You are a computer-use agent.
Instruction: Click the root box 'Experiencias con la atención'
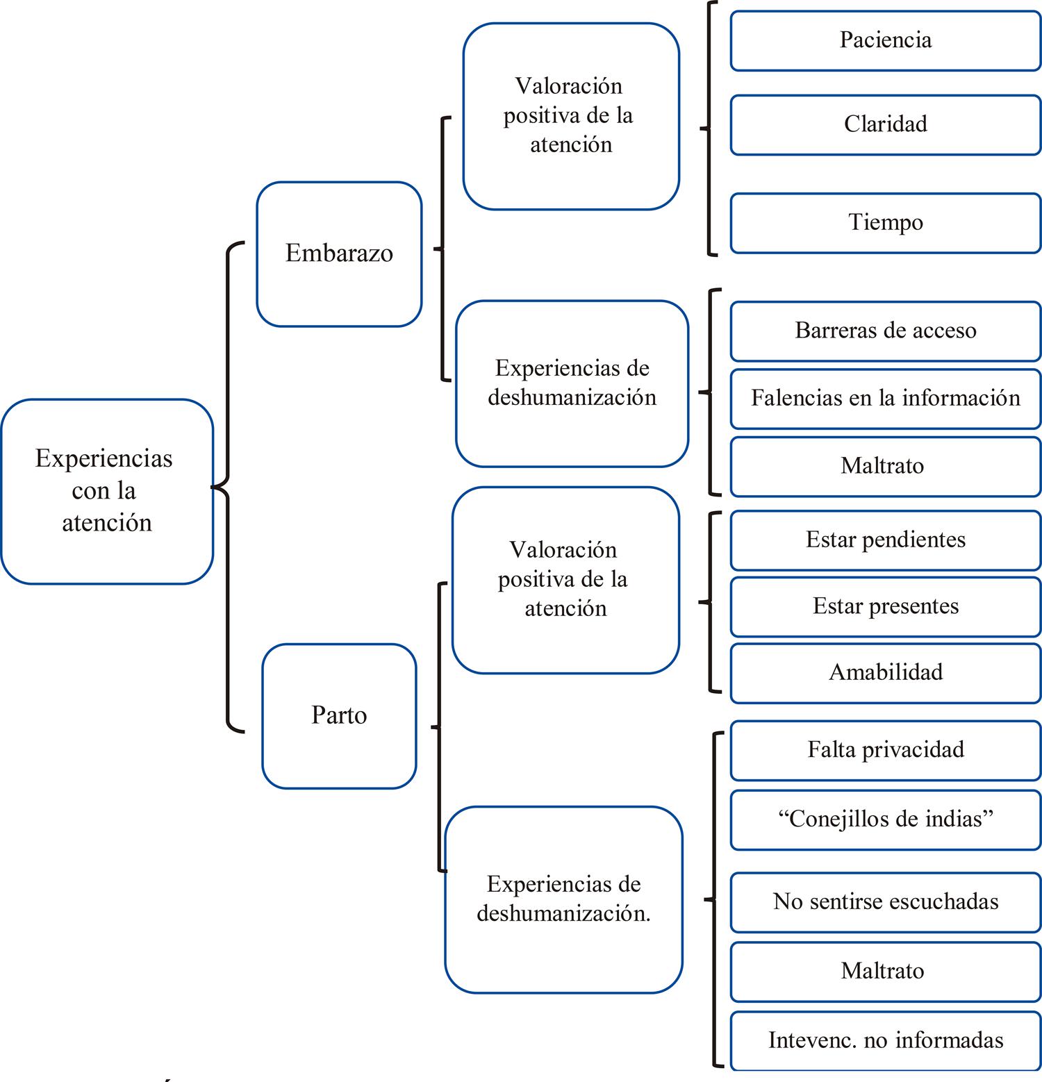106,491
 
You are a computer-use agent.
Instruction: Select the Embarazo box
339,253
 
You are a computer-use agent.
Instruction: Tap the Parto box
339,715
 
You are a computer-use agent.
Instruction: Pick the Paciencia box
885,40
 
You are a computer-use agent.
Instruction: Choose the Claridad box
885,124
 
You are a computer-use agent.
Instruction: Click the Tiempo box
885,223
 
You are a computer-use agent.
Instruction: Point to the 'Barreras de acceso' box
885,331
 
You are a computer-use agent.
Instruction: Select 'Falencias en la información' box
885,398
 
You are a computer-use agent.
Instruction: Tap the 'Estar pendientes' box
885,540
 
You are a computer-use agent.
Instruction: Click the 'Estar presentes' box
885,606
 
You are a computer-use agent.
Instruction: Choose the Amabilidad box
885,672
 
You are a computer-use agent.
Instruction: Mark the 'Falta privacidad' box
885,750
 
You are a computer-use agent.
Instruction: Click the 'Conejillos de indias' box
885,819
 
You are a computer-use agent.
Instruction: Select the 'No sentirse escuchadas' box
885,901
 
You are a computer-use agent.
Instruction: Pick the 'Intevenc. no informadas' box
885,1040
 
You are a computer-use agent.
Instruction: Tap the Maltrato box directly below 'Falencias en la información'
885,466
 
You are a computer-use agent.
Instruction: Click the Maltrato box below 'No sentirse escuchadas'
885,971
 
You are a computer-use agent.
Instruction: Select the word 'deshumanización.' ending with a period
563,914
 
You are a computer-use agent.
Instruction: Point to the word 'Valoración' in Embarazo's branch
568,86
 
